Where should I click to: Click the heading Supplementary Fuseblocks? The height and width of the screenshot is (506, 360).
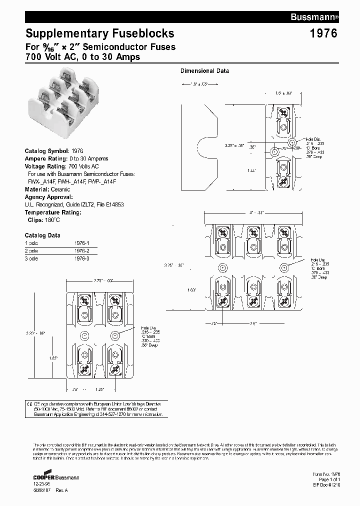[99, 33]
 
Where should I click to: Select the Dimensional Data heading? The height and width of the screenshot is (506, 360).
[204, 71]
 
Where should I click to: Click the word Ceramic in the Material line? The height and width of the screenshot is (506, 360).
[60, 189]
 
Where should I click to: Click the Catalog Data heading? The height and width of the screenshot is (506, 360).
[42, 235]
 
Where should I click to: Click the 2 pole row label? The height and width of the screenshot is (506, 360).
[31, 250]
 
